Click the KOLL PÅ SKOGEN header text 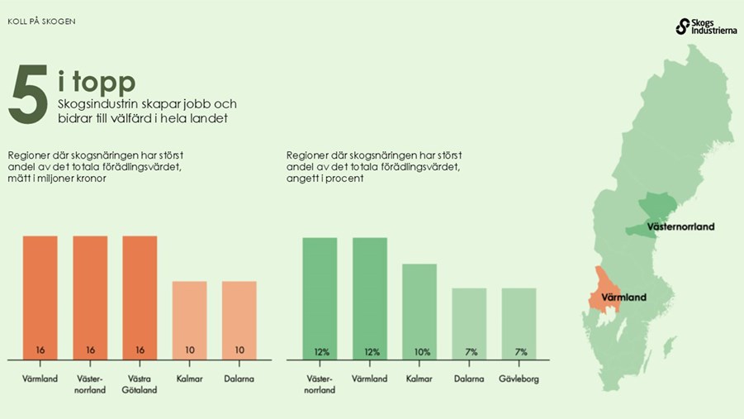[41, 21]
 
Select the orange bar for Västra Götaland [140, 293]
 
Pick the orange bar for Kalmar [189, 318]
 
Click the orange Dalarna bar [239, 318]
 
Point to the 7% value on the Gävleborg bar [521, 352]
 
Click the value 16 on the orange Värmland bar [40, 350]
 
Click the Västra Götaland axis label [140, 384]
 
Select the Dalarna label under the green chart [469, 379]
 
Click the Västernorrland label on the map [680, 226]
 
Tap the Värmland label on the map [623, 297]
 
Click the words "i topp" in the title [97, 83]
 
